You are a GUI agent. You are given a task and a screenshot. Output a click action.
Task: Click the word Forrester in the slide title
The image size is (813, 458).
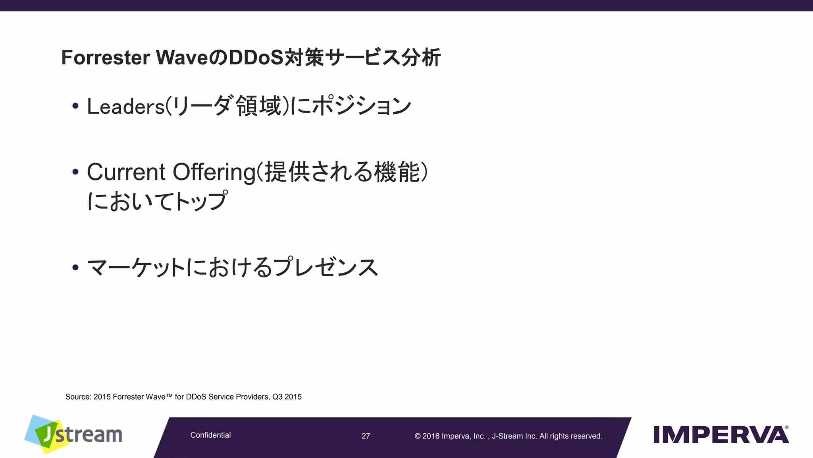tap(105, 58)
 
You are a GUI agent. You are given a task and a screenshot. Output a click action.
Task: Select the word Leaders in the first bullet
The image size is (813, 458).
tap(125, 107)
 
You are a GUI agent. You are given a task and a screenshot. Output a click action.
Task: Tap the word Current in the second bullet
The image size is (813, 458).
tap(126, 172)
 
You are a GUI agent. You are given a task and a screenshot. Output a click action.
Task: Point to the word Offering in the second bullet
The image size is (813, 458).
tap(214, 172)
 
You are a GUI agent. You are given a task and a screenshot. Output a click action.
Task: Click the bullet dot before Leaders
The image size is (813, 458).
tap(75, 106)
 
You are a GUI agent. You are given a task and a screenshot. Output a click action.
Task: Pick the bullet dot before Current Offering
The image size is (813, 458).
tap(75, 172)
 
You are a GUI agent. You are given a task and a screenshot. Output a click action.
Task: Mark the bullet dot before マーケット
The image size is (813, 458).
tap(75, 267)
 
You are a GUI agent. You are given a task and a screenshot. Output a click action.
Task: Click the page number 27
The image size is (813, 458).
tap(366, 436)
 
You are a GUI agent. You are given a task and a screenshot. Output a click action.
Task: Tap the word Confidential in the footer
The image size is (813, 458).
tap(210, 435)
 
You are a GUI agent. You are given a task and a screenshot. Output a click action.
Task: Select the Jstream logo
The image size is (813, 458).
tap(73, 434)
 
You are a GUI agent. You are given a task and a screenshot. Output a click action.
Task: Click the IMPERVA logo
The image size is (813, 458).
tap(721, 435)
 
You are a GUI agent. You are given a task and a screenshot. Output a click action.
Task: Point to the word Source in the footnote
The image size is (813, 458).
tap(78, 397)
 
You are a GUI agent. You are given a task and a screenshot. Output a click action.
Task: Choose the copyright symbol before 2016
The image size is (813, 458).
tap(418, 436)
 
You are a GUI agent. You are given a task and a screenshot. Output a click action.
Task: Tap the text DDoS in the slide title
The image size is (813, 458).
tap(256, 58)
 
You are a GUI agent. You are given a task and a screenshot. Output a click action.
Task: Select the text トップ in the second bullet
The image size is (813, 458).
tap(201, 201)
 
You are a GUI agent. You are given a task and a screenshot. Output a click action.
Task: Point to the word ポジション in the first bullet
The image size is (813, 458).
tap(361, 107)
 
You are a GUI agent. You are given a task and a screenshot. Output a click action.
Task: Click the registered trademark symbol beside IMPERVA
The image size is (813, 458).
tap(787, 428)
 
